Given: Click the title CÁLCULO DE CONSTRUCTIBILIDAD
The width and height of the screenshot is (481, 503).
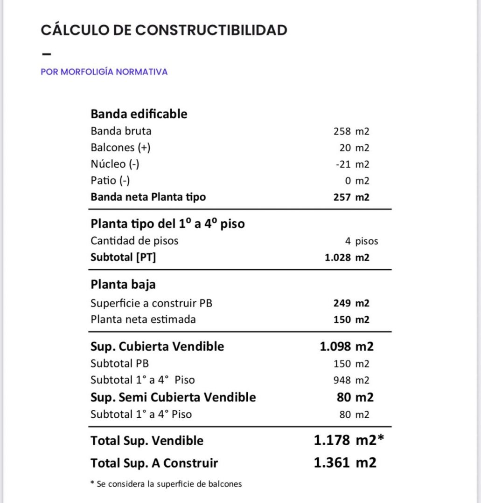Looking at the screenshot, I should point(164,30).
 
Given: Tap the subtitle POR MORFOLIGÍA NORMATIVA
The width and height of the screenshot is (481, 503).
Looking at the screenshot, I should point(104,72).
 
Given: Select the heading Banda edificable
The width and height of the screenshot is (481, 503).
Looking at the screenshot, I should point(139,114).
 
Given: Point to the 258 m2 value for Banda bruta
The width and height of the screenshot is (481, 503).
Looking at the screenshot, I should point(351,131).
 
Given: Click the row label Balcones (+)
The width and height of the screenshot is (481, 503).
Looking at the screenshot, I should point(120,148).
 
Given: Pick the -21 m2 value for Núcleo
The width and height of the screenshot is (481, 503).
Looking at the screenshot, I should point(352,164).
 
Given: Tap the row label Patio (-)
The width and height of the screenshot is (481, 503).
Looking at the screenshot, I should point(110,181).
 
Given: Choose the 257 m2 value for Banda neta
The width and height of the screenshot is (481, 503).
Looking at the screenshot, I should point(351,197).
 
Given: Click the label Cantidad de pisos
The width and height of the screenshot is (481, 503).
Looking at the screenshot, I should point(134,241).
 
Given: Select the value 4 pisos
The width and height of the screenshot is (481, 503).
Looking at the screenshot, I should point(362,241).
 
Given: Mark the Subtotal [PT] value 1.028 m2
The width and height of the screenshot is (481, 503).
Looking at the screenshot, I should point(347,257).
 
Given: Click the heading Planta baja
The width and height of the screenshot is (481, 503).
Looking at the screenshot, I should point(123,284).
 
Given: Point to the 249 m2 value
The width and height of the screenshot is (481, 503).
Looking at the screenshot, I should point(351,303).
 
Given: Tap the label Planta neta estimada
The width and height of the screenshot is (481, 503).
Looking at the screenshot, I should point(143,319).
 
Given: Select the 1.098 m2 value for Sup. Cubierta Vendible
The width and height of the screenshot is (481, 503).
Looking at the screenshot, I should point(346,347).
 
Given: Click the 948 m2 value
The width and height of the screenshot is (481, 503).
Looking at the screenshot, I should point(351,380).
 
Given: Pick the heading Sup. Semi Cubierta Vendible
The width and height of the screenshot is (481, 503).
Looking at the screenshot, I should point(173,397).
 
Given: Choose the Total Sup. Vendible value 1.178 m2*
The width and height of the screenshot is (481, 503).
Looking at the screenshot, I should point(349,440).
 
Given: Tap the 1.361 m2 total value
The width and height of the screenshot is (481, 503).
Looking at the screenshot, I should point(345,463).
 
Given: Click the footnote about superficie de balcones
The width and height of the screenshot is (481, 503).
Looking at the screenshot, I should point(166,484).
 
